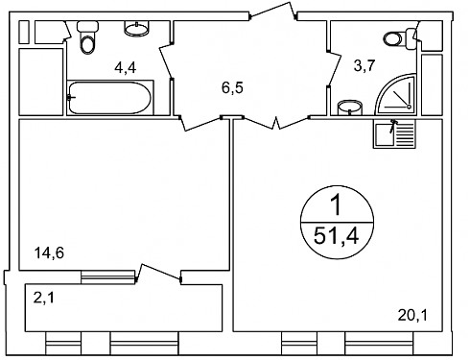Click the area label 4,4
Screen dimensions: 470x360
[x=126, y=67]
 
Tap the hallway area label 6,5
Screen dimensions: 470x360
[x=232, y=87]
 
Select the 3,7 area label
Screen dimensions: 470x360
[x=364, y=66]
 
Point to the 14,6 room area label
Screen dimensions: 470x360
[x=49, y=253]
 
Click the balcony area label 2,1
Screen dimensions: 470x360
[x=44, y=298]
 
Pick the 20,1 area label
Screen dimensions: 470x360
[x=412, y=316]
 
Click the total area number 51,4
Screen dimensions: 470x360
[x=337, y=236]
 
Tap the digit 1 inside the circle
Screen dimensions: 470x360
[x=337, y=205]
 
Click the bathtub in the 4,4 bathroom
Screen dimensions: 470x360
[x=109, y=98]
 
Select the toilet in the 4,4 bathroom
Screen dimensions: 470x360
[x=87, y=37]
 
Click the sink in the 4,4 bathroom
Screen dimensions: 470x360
[x=136, y=28]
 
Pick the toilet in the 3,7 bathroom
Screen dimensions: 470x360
[x=400, y=38]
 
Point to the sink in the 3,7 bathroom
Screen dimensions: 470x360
[x=350, y=108]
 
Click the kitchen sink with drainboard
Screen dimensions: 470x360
[x=395, y=133]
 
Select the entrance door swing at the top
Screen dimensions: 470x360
[x=273, y=12]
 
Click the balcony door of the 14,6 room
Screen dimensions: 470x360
[x=158, y=274]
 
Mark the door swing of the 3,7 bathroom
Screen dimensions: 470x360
[x=335, y=68]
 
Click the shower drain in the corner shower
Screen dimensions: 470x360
[x=409, y=107]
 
